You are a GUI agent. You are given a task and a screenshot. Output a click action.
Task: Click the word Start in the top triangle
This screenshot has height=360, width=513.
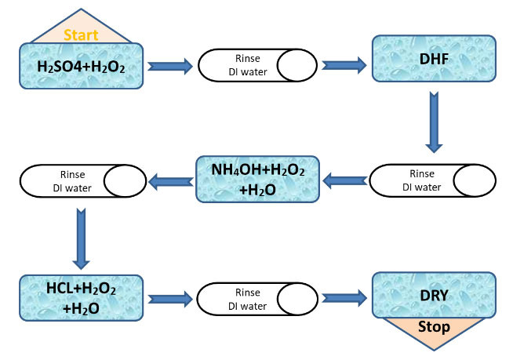pos(81,35)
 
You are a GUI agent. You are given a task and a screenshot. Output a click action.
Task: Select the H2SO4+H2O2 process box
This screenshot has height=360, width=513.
pos(81,66)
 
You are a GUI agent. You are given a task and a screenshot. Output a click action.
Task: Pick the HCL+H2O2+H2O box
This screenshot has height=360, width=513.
pos(80,298)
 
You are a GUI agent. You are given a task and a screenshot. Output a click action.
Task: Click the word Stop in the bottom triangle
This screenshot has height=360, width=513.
pos(433,327)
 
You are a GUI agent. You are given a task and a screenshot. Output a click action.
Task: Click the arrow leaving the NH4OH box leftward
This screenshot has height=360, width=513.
pos(170,182)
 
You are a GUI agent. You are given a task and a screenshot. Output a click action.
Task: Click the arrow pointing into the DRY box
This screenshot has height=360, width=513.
pos(344,298)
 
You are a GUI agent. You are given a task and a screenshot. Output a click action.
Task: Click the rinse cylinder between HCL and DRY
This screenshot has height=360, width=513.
pos(256,298)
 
